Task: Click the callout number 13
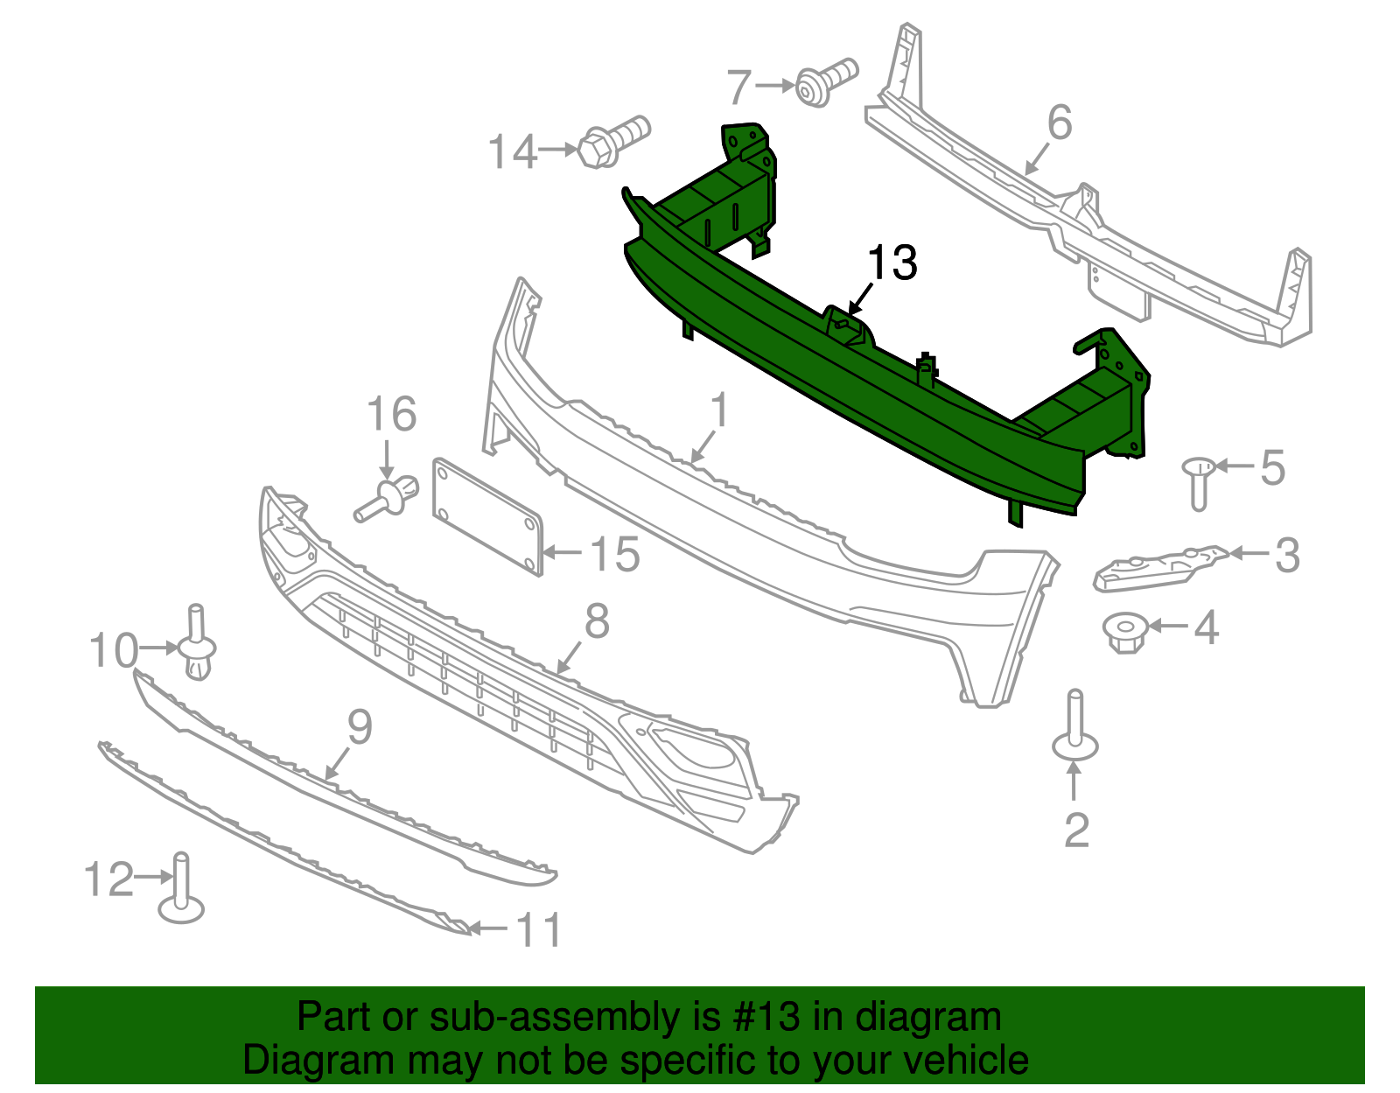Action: click(892, 263)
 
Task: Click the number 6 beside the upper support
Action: click(1059, 123)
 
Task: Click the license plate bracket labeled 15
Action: click(487, 516)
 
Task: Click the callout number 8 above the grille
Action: click(597, 622)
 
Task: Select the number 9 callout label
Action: click(360, 728)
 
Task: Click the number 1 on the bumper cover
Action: click(719, 411)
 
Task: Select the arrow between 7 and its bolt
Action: click(775, 86)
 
